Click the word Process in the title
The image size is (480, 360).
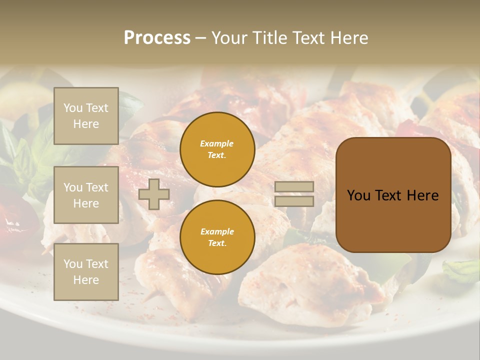click(x=157, y=38)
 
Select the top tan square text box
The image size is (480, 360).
click(x=86, y=116)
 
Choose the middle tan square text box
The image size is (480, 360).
click(x=86, y=195)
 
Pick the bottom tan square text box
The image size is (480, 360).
click(x=86, y=272)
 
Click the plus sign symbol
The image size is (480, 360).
click(x=153, y=194)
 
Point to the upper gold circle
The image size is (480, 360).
click(x=217, y=149)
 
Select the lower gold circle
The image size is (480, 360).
click(x=217, y=237)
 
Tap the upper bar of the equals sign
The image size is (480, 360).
click(x=294, y=187)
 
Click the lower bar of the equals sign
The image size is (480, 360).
click(x=294, y=201)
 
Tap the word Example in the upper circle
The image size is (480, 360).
click(x=216, y=143)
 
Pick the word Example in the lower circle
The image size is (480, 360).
click(x=217, y=231)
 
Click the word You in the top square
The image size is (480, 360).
click(x=73, y=108)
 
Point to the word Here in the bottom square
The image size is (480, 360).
click(x=86, y=280)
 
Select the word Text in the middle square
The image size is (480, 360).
click(x=96, y=187)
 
